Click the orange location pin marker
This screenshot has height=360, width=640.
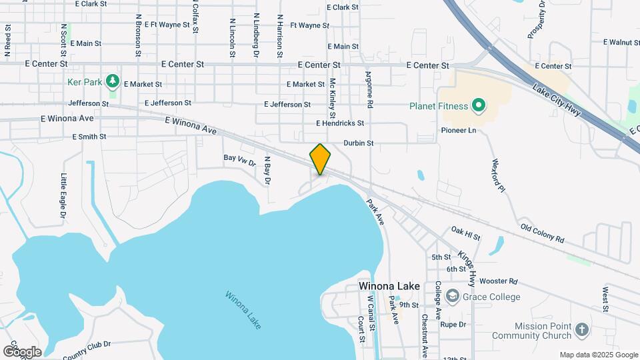point(320,159)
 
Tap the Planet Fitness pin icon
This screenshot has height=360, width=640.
point(478,105)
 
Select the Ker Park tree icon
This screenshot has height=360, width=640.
point(113,82)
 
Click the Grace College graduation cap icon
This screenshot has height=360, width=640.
point(453,295)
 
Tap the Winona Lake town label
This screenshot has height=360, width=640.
point(389,286)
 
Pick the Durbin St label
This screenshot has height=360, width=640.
point(359,143)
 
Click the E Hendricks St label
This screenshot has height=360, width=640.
point(340,123)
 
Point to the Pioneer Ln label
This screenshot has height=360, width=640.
point(459,130)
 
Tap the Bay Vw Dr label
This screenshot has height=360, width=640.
point(239,159)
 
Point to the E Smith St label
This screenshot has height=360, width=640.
point(89,137)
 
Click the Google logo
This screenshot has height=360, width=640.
point(22,351)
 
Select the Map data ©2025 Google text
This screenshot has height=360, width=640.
point(598,355)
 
